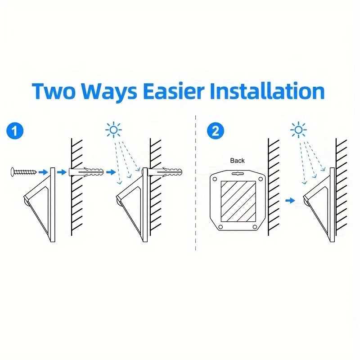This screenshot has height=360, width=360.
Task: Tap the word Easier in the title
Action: (x=174, y=91)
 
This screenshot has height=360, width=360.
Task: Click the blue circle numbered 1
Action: (x=15, y=131)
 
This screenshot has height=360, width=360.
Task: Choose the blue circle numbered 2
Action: (x=216, y=131)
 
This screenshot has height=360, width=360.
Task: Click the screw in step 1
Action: (x=24, y=172)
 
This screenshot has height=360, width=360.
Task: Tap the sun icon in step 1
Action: (x=113, y=130)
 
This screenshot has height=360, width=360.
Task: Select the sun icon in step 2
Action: (x=298, y=130)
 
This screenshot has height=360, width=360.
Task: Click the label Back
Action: (x=238, y=161)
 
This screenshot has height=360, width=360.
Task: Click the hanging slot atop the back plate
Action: (x=238, y=174)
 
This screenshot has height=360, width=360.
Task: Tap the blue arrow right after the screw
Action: (x=43, y=172)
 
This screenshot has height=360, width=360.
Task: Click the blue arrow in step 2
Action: (x=290, y=200)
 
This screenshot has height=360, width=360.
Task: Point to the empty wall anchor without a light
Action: (x=86, y=172)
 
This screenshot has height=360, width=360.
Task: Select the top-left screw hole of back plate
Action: (x=215, y=179)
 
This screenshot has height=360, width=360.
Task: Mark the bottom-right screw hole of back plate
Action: (x=255, y=227)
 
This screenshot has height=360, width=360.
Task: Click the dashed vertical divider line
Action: (x=196, y=183)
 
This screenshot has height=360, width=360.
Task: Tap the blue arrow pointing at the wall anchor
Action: (x=62, y=172)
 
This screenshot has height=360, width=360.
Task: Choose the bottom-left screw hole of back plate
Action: (x=220, y=227)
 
